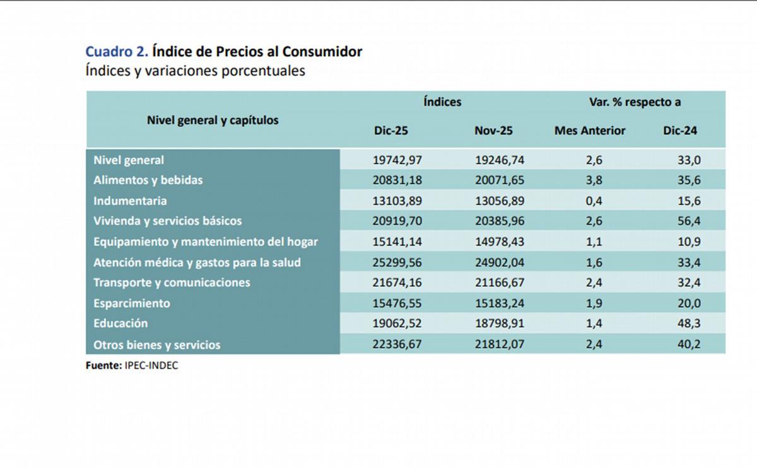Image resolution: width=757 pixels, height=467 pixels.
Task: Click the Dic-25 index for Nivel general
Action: pos(397,160)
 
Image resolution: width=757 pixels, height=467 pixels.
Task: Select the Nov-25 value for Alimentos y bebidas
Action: pos(499,180)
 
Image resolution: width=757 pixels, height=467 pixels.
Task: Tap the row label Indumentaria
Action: pos(130,201)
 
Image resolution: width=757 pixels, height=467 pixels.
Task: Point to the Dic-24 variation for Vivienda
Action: pos(688,221)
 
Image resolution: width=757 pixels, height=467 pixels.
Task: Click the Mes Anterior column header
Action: pos(590,131)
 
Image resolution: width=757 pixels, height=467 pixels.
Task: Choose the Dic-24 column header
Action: pos(679,131)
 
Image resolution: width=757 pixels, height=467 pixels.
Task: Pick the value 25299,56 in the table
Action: pos(397,262)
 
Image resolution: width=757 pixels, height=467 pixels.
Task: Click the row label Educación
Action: pos(120,323)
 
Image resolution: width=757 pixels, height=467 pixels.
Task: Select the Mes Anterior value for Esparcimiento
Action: pos(594,303)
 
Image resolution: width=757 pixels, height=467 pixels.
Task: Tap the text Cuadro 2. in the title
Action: pos(117,52)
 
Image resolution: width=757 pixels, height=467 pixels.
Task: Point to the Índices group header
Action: pos(442,102)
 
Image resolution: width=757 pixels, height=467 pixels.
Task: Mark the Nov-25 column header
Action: pos(493,131)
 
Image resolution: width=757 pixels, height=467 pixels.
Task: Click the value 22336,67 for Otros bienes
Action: pos(397,345)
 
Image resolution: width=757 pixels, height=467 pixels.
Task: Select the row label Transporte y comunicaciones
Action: pos(172,282)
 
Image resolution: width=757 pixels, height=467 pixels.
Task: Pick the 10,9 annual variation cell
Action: pos(688,242)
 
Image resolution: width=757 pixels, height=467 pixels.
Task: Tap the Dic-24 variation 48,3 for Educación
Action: pos(688,323)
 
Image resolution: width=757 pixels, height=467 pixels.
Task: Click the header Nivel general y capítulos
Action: pos(213,120)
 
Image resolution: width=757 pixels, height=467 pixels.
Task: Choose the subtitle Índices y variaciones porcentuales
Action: pos(195,71)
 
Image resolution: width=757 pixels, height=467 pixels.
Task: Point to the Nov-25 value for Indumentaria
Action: pos(499,201)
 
